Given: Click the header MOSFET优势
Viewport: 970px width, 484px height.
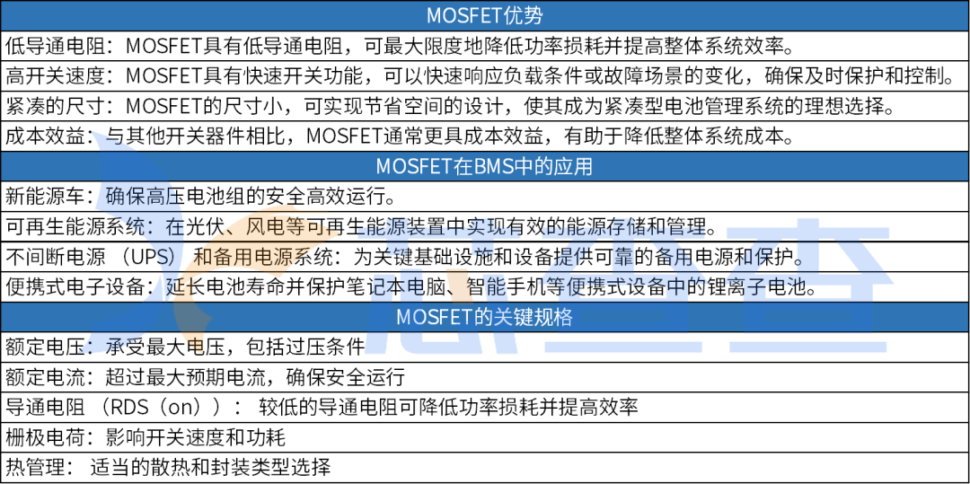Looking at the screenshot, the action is [484, 15].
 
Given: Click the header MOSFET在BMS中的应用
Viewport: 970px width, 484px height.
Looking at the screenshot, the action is [484, 167].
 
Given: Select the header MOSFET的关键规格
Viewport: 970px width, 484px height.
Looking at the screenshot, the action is [484, 318].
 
